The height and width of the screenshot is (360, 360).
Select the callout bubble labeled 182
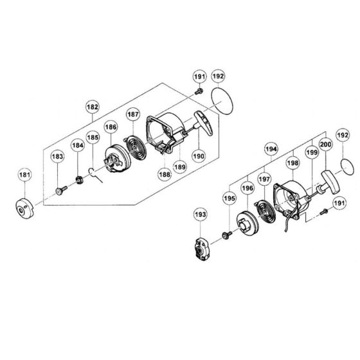(93, 107)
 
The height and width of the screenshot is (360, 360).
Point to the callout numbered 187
(133, 114)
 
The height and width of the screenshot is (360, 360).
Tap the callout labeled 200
(326, 146)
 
